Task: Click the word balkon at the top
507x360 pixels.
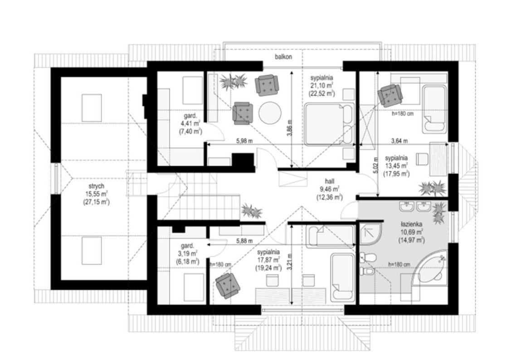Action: pyautogui.click(x=283, y=57)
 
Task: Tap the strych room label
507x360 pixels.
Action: pyautogui.click(x=96, y=186)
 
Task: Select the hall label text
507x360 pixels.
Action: pyautogui.click(x=330, y=181)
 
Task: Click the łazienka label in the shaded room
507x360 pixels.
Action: pyautogui.click(x=411, y=224)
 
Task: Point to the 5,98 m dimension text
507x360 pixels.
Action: pyautogui.click(x=244, y=141)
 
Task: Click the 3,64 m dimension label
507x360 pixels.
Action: pyautogui.click(x=400, y=141)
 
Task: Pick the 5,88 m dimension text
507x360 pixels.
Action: pyautogui.click(x=244, y=241)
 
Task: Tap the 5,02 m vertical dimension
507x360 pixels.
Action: pyautogui.click(x=376, y=165)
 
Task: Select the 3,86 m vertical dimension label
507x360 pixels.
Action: pyautogui.click(x=290, y=128)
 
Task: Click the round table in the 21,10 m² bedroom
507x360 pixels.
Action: pyautogui.click(x=270, y=113)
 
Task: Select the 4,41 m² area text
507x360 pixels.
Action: pyautogui.click(x=190, y=123)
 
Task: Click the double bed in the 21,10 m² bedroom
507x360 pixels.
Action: pyautogui.click(x=329, y=123)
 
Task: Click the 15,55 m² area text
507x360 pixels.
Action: pyautogui.click(x=96, y=194)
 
